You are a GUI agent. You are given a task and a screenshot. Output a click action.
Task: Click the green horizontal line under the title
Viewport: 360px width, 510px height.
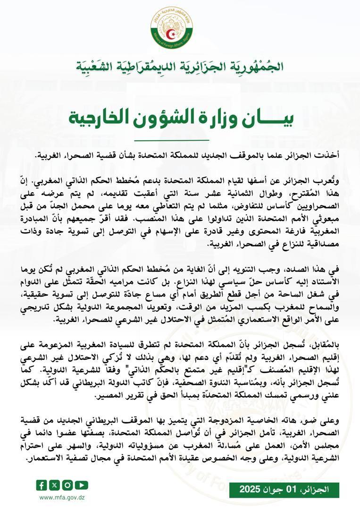tap(171, 140)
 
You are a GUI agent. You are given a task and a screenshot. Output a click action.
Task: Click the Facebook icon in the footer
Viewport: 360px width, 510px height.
tap(42, 484)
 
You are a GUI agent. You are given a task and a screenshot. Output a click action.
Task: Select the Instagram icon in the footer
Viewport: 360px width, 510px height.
tap(68, 484)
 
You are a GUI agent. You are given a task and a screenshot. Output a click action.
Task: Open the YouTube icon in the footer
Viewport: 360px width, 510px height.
tap(81, 484)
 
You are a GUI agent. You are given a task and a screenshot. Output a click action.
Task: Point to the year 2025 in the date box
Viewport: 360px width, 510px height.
tap(250, 489)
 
